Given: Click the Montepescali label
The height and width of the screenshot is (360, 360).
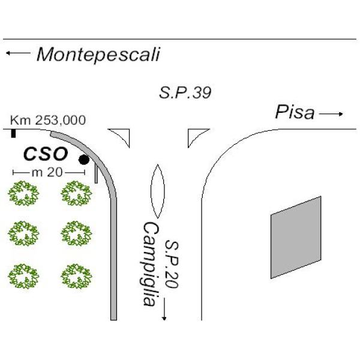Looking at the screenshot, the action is pos(98,55).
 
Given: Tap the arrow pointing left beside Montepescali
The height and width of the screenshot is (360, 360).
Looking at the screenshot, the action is pos(18,53).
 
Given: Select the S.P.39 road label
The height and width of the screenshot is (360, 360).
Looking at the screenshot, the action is pos(185,93).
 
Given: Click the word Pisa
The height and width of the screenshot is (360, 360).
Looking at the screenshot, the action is pos(295,112).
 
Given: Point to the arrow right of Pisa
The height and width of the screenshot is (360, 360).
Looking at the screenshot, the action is pos(331,113).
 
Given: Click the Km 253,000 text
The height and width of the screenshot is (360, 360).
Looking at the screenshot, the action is pos(48,120).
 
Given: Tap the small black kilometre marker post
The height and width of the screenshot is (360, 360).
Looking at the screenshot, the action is pos(14,134).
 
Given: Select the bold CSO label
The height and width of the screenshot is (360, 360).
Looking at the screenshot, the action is pos(46,154).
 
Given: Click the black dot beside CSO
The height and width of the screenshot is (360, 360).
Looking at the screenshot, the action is pos(84,160).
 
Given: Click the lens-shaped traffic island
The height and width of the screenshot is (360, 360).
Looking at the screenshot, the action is pos(157,191).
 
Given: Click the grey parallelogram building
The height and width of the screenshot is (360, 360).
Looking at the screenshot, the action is pos(296,238).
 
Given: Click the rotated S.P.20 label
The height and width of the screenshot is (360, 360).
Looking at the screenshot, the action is pos(172,264).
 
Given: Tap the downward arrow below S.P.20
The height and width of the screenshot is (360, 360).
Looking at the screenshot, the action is pos(164,309).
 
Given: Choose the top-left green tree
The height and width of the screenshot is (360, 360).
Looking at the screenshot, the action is pos(23,193).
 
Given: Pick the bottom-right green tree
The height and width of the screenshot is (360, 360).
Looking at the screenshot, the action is pos(76,276).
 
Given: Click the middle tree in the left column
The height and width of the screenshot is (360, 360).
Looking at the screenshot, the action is pos(23,233).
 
